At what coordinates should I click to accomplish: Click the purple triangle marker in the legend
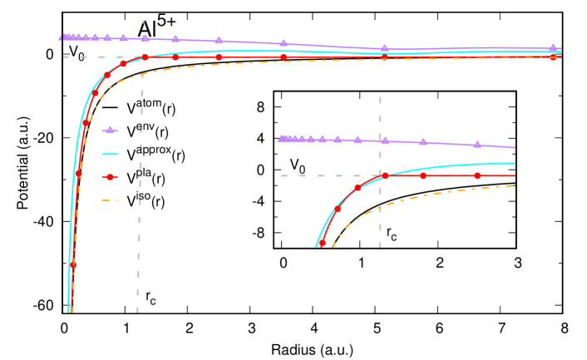click(110, 131)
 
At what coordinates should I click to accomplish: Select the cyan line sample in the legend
click(110, 154)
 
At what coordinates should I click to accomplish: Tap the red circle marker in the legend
click(110, 177)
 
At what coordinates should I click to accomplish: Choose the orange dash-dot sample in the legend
click(110, 200)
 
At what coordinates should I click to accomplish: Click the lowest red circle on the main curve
click(73, 265)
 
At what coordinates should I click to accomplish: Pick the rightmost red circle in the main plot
click(553, 57)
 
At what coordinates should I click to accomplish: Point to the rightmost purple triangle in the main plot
click(553, 47)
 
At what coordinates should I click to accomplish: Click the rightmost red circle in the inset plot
click(477, 175)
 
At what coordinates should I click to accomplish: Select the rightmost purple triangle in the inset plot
click(477, 144)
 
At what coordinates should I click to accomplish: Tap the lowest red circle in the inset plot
click(323, 242)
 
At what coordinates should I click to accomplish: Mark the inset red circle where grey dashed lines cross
click(385, 175)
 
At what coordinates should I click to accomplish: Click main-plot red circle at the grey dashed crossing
click(146, 57)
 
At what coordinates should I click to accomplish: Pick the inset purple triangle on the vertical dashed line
click(385, 141)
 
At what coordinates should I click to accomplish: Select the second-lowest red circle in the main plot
click(79, 175)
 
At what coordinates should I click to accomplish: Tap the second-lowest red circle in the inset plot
click(337, 210)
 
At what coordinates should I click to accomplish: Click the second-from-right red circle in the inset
click(423, 175)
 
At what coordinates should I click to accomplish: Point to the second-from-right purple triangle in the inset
click(423, 141)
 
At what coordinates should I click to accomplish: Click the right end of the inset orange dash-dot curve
click(514, 185)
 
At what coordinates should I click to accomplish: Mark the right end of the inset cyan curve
click(515, 163)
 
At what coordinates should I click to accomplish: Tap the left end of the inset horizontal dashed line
click(282, 175)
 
